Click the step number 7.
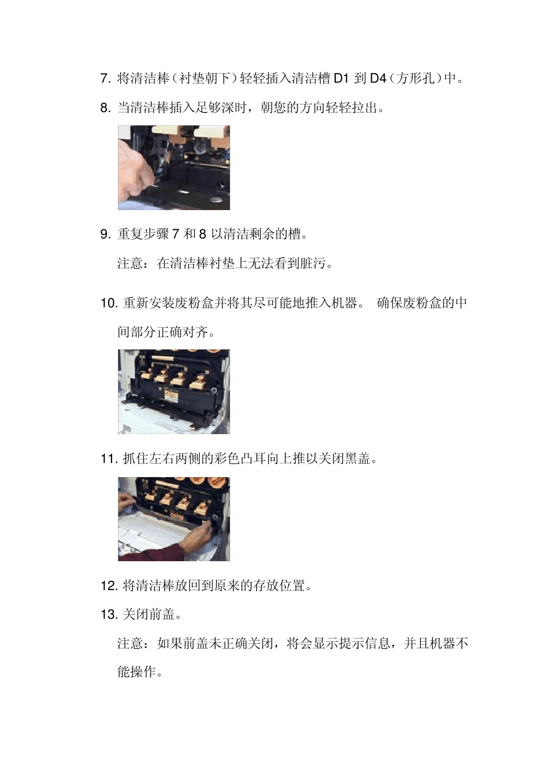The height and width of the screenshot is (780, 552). pos(105,78)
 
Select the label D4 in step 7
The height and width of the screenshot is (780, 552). pos(378,78)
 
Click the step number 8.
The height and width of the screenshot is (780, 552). pos(105,108)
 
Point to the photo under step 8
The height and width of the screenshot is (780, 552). pos(174,168)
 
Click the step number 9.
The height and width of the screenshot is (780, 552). pos(105,234)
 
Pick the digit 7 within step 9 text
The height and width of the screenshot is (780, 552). pos(177,234)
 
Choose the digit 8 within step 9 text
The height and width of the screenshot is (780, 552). pos(203,234)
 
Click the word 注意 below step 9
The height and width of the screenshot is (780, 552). pos(130,264)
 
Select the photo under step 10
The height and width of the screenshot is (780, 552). pos(174,392)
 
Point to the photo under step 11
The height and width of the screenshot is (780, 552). pos(174,519)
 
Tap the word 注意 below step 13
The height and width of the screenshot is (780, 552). pos(130,644)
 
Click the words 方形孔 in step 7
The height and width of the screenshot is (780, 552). pos(416,78)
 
